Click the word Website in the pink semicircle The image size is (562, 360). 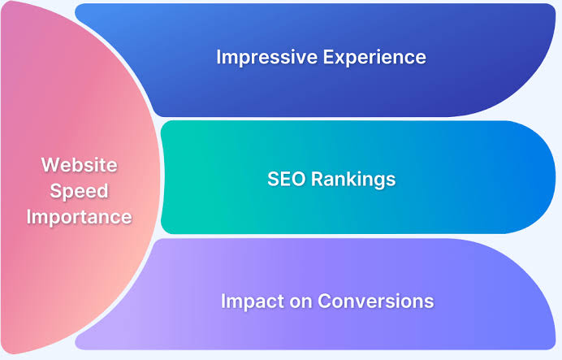(x=79, y=165)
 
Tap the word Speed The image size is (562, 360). (x=79, y=191)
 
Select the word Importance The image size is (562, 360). (x=79, y=217)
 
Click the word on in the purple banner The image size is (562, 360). (x=297, y=301)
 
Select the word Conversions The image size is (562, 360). (x=375, y=301)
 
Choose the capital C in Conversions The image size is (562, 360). (x=323, y=301)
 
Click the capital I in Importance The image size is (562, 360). (x=29, y=217)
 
